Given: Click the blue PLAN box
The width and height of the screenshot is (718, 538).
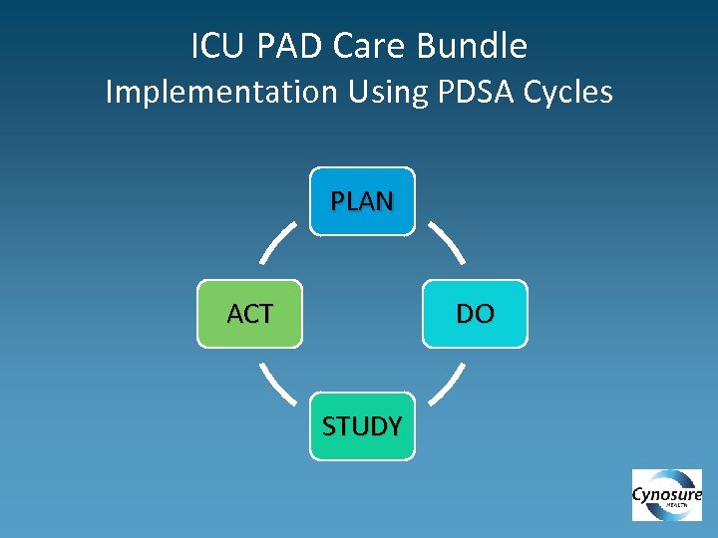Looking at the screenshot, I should click(362, 201).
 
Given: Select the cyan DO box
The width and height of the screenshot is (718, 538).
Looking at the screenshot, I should click(475, 314).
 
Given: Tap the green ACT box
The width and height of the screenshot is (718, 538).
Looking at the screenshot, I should click(249, 314).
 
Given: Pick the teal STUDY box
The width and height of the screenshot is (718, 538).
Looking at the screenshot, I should click(362, 426).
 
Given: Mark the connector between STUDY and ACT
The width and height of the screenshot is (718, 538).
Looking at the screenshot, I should click(278, 385).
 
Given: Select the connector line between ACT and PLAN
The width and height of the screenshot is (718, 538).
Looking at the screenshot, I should click(278, 242).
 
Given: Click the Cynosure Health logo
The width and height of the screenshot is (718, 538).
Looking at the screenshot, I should click(667, 495).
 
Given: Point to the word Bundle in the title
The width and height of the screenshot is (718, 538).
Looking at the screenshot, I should click(479, 46).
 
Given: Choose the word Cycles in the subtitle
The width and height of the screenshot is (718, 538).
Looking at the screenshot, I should click(565, 93).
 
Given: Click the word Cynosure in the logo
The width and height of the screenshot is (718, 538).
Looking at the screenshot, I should click(667, 494).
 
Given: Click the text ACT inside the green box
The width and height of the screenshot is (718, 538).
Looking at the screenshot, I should click(249, 315).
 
